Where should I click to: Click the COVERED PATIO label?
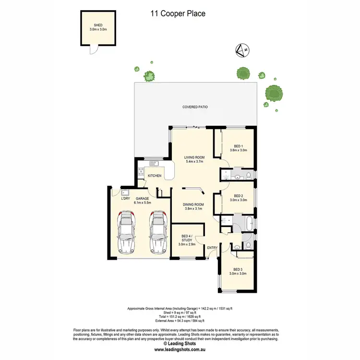(x=195, y=107)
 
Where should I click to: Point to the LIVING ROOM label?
(x=194, y=157)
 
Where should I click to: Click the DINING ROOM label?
(x=193, y=204)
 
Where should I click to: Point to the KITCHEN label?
(x=155, y=176)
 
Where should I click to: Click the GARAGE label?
(x=143, y=198)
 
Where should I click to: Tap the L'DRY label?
(x=126, y=198)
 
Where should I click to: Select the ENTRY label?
(x=212, y=248)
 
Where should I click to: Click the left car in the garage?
(x=127, y=233)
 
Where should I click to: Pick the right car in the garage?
(x=158, y=233)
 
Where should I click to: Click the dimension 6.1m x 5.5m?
(x=143, y=204)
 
